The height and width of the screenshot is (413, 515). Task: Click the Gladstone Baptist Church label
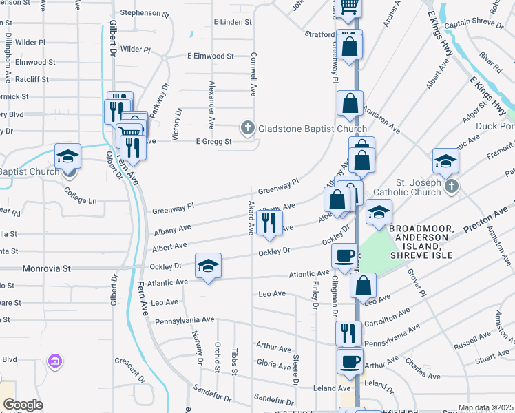[312, 129]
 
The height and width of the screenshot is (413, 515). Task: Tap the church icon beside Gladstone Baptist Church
[247, 128]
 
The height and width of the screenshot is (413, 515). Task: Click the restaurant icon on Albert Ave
[269, 222]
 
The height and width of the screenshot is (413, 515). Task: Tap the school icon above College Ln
[68, 156]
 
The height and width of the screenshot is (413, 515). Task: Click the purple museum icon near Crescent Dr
[55, 361]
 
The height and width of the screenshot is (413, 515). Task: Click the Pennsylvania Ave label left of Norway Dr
[185, 320]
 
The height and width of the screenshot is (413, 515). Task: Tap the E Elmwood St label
[211, 56]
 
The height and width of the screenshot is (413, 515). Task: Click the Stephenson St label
[144, 13]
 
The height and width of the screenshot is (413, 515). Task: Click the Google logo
[23, 405]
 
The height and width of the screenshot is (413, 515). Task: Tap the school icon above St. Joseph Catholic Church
[445, 160]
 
